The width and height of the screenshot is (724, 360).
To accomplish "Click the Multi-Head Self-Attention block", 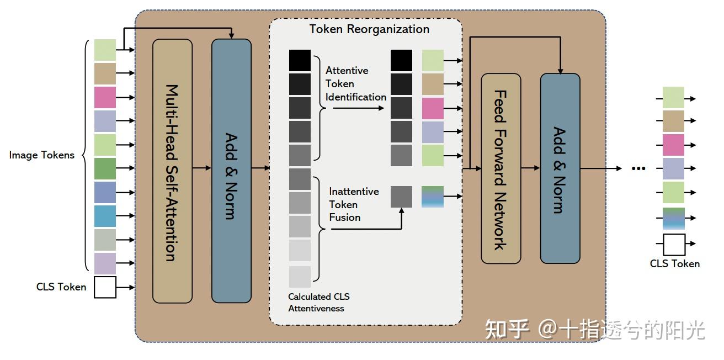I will [172, 171].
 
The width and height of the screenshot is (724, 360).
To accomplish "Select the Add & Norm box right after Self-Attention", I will [231, 171].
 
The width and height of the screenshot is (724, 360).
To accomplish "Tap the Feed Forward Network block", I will [501, 168].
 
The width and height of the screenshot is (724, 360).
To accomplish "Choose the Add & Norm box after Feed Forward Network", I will [560, 168].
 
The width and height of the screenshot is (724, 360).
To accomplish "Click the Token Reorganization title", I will [369, 29].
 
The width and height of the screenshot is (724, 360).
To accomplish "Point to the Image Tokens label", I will [41, 155].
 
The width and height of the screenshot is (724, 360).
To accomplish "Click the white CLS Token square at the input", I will [105, 287].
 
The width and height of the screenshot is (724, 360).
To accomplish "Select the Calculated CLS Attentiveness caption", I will [316, 303].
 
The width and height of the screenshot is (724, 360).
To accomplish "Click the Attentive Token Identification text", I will [355, 84].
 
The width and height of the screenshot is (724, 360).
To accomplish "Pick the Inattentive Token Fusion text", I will [354, 204].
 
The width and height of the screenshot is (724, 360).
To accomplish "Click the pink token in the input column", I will [105, 97].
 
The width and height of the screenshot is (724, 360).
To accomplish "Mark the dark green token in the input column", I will [105, 168].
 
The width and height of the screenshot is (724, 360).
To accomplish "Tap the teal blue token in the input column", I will [105, 216].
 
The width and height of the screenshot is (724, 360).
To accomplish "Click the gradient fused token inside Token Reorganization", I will [433, 197].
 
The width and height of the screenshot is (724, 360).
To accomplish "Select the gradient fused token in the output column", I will [673, 219].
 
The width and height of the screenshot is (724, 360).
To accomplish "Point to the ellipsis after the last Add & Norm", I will [638, 169].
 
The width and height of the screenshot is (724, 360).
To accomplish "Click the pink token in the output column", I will [673, 145].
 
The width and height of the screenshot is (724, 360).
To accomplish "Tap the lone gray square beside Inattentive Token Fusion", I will [401, 197].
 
